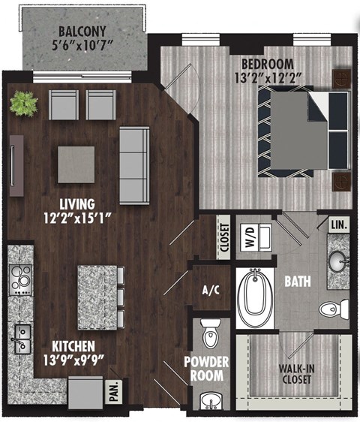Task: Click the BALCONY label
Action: pyautogui.click(x=83, y=32)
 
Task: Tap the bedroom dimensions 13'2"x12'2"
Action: pyautogui.click(x=257, y=77)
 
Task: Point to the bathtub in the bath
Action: pyautogui.click(x=254, y=298)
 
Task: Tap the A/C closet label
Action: pyautogui.click(x=210, y=291)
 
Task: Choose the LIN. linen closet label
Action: pyautogui.click(x=338, y=225)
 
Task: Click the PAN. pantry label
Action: pyautogui.click(x=114, y=394)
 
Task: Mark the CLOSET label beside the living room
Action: pyautogui.click(x=223, y=237)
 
